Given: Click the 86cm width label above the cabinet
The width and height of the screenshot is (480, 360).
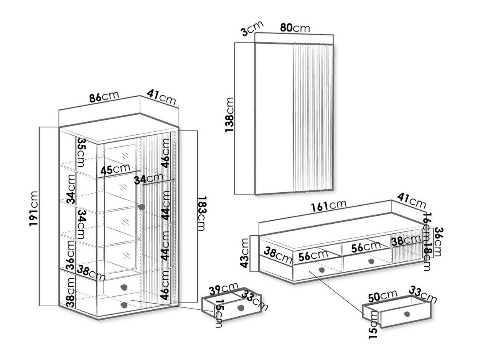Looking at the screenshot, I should click(104, 97).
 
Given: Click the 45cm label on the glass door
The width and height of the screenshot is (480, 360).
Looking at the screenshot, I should click(115, 169).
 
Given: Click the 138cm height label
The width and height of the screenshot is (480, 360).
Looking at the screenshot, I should click(229, 115).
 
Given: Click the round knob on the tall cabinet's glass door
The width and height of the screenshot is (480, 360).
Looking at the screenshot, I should click(142, 207).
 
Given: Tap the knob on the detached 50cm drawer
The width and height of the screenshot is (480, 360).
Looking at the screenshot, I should click(407, 314).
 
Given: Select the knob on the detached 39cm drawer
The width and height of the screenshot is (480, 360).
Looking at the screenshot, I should click(241, 307).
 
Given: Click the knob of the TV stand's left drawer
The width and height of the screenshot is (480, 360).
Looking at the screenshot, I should click(321, 270).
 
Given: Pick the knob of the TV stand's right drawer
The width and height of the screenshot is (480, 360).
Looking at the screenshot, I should click(371, 261).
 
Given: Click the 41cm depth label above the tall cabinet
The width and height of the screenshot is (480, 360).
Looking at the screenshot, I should click(162, 97).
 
